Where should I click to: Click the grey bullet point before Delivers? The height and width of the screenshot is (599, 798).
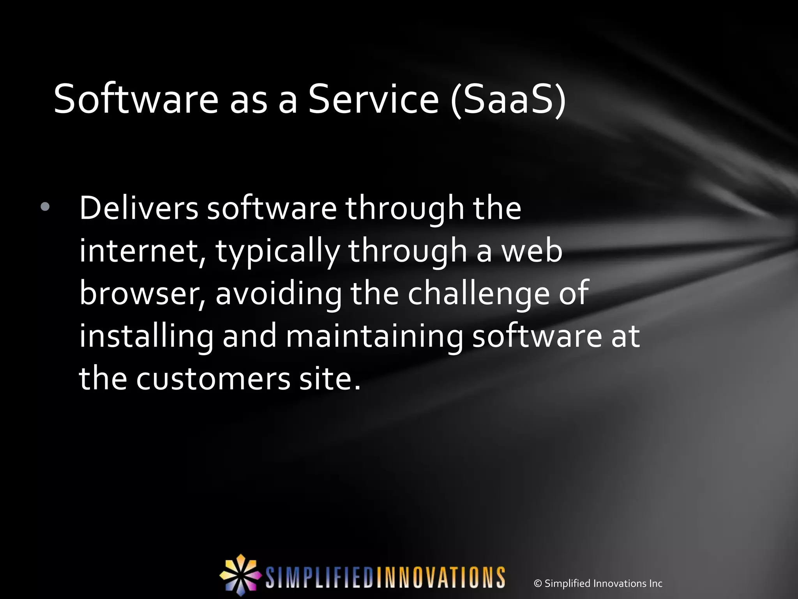pyautogui.click(x=45, y=207)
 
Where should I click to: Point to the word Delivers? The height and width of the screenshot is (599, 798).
pyautogui.click(x=139, y=208)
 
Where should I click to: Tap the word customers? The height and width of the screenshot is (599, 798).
pyautogui.click(x=213, y=379)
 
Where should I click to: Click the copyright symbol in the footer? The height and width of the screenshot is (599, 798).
pyautogui.click(x=538, y=583)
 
